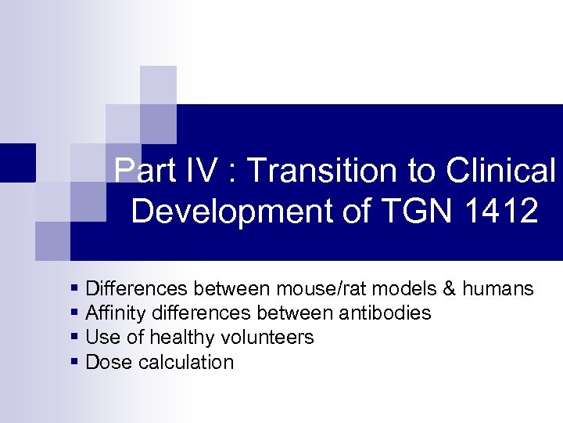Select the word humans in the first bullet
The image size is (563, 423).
(x=498, y=289)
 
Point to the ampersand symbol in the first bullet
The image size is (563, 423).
(x=449, y=289)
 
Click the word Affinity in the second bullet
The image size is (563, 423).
(x=114, y=313)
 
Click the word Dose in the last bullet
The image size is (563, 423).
(x=105, y=362)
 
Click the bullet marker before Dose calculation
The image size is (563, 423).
(x=74, y=362)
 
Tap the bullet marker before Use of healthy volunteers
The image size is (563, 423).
(x=74, y=338)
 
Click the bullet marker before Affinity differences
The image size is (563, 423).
(x=74, y=313)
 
